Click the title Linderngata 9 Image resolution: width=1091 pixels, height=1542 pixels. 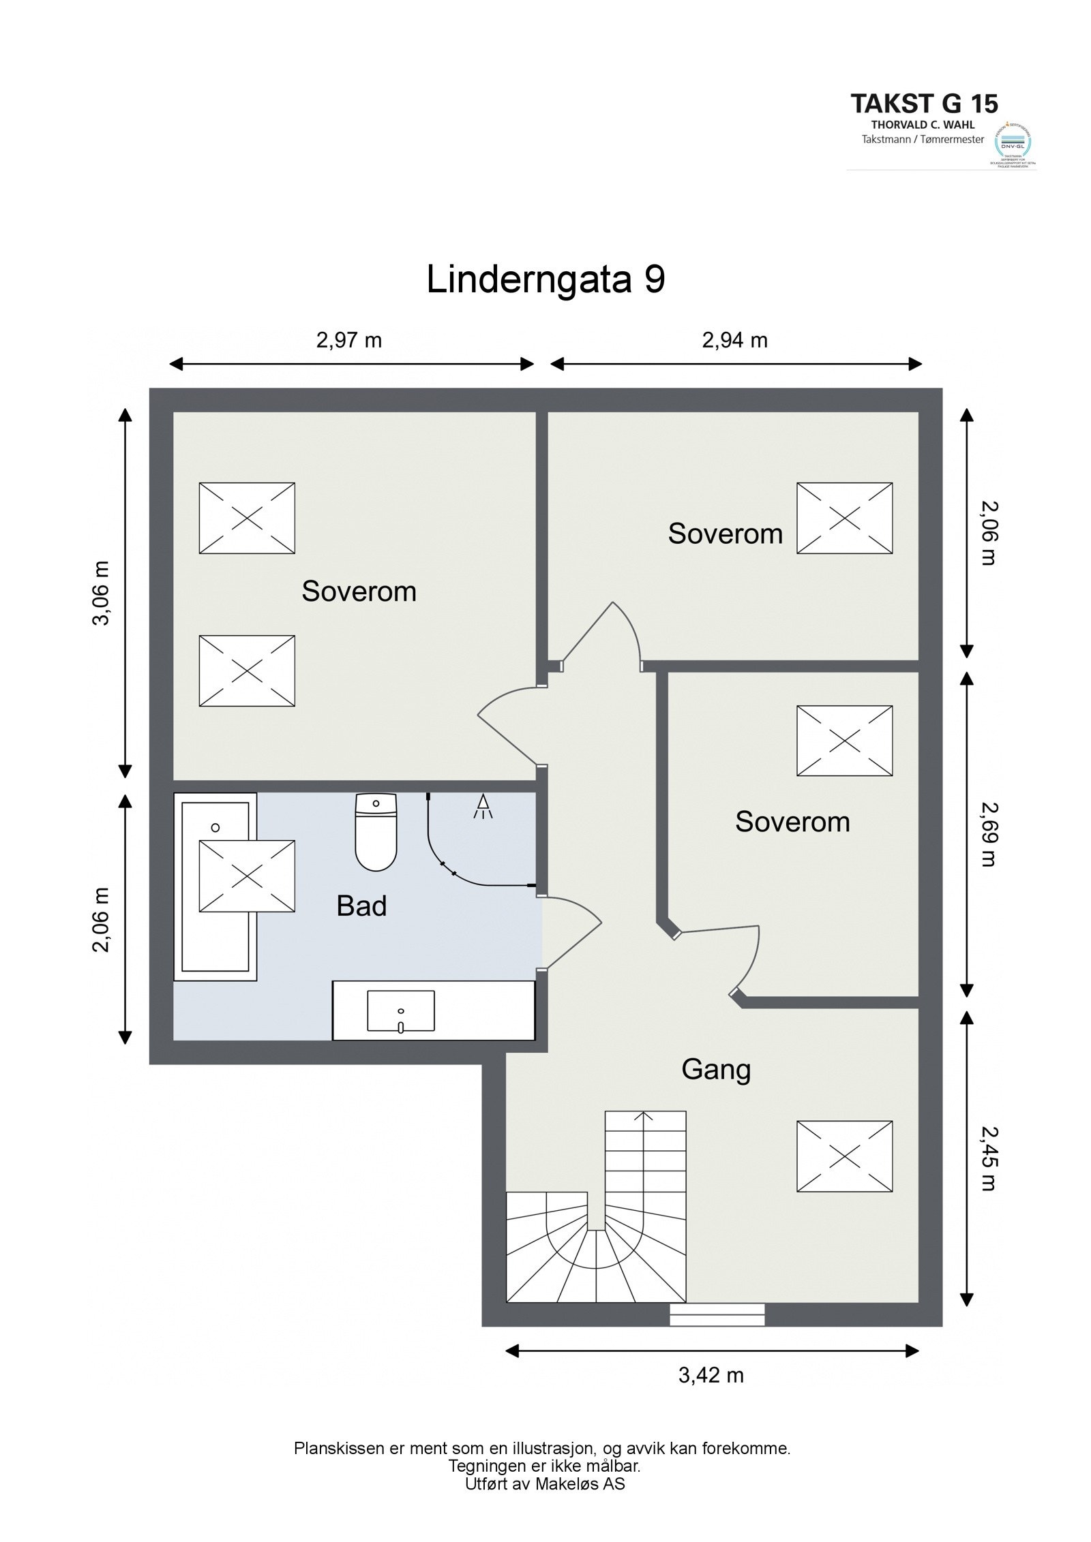click(545, 279)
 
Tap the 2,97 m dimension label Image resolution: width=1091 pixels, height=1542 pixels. click(348, 339)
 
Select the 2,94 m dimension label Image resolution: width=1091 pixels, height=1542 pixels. click(734, 339)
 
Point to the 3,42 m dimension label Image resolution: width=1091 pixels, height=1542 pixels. click(711, 1375)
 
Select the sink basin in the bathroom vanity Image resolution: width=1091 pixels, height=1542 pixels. click(400, 1011)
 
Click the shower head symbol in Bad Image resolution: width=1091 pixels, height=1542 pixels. click(483, 806)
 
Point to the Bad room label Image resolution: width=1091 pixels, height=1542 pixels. click(361, 906)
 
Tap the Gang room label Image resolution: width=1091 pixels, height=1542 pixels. click(716, 1069)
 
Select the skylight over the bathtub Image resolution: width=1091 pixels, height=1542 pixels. click(247, 876)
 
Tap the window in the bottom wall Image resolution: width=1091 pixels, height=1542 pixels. click(717, 1314)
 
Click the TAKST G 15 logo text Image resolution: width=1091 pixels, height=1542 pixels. click(924, 104)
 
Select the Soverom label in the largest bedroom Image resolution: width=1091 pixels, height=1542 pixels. click(359, 591)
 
